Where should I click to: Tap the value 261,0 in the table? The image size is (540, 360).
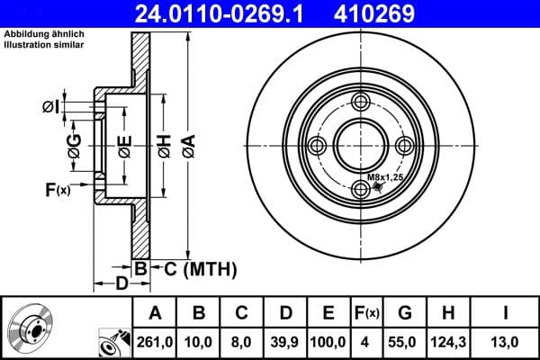coord(155,342)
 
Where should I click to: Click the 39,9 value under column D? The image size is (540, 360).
coord(285,342)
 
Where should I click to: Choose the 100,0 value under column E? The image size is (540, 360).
coord(328,342)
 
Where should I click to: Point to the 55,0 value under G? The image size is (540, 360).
coord(405,342)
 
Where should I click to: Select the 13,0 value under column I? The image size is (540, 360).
coord(507,342)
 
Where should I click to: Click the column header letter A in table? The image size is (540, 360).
coord(155,313)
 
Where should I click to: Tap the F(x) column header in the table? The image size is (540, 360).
coord(368,313)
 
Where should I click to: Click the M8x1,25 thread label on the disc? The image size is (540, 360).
coord(384,178)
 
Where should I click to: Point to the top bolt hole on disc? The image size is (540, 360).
coord(361,101)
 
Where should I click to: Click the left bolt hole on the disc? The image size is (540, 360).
coord(316,146)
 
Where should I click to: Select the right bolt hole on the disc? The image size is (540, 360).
coord(406,146)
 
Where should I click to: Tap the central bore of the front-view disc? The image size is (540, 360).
coord(361,146)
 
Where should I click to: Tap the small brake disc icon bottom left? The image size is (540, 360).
coord(32,328)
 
